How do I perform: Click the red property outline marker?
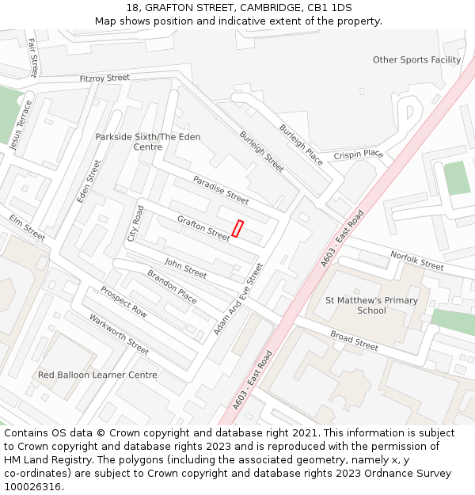[237, 228]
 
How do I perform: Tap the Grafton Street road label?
[203, 228]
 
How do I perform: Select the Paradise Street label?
[221, 190]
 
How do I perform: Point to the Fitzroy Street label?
[104, 78]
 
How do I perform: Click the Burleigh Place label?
[301, 144]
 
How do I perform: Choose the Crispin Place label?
[358, 154]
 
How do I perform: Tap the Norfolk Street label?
[417, 261]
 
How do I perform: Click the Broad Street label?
[354, 341]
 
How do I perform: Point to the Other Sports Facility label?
[416, 60]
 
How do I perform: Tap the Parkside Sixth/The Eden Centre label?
[148, 142]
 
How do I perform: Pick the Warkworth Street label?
[119, 335]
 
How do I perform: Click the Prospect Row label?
[123, 302]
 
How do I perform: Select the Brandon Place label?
[172, 286]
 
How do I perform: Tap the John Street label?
[185, 268]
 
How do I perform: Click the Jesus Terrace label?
[21, 124]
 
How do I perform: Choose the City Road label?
[135, 224]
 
